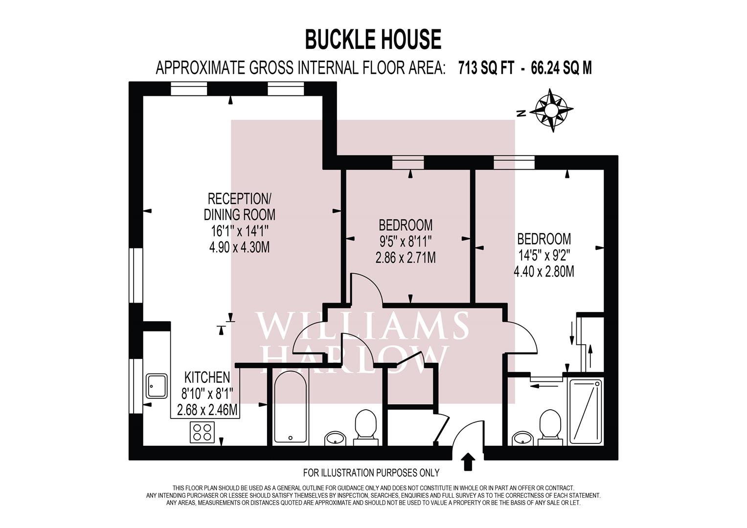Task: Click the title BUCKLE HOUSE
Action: [x=373, y=39]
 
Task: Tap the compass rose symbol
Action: [x=553, y=110]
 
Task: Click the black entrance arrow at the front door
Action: [x=468, y=461]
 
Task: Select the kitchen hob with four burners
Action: [x=202, y=432]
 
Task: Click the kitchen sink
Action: [x=157, y=386]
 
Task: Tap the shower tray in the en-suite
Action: [x=585, y=411]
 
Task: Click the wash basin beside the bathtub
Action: [x=336, y=438]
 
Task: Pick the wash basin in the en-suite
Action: [x=522, y=439]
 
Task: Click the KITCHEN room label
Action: [x=207, y=377]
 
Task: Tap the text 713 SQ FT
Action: [x=486, y=68]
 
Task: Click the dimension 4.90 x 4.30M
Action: [x=239, y=247]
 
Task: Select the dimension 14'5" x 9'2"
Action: [x=543, y=255]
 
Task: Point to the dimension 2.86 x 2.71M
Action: [x=406, y=257]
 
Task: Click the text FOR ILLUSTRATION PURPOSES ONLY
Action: [x=371, y=473]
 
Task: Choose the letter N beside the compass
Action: [x=521, y=113]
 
